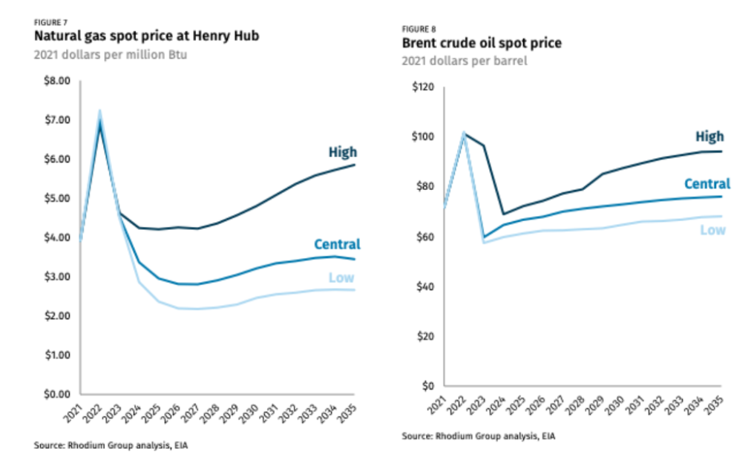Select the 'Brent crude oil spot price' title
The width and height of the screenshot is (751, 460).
coord(482,43)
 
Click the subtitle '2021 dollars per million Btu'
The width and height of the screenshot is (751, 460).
coord(108,54)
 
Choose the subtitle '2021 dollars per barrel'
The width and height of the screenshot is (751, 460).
coord(465,62)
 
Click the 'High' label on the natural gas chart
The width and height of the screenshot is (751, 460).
coord(343,153)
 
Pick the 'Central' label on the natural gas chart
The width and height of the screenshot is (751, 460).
coord(337,244)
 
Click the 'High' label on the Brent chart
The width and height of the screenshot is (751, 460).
coord(709,137)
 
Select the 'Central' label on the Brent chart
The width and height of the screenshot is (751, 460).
coord(706,184)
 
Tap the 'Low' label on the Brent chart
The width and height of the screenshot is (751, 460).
coord(712,230)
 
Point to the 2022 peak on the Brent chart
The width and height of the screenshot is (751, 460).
coord(463,134)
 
